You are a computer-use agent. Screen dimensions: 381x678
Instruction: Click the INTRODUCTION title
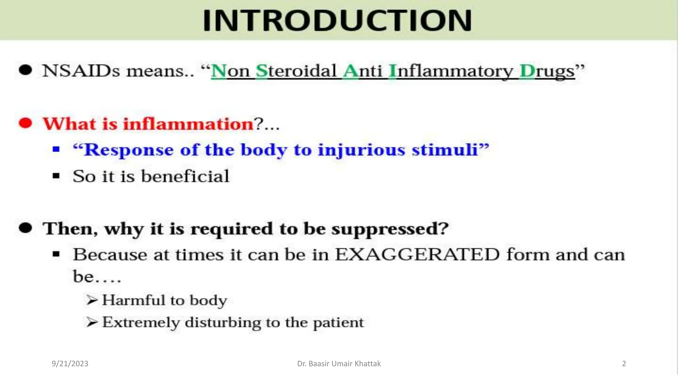point(337,21)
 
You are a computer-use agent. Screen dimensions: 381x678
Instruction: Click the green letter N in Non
point(218,71)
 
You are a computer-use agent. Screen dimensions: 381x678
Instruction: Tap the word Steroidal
point(296,71)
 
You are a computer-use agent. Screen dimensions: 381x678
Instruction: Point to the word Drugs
point(547,71)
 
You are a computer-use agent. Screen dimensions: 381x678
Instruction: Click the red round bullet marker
point(25,123)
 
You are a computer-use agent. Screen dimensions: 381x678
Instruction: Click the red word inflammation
point(188,124)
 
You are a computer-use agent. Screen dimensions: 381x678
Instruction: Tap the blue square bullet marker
point(56,149)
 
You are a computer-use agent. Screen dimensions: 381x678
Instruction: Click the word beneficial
point(185,176)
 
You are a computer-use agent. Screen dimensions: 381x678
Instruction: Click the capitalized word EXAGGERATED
point(417,255)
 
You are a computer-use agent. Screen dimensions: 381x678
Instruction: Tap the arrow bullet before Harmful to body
point(92,300)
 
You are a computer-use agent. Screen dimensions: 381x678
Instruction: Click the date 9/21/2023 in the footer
point(70,364)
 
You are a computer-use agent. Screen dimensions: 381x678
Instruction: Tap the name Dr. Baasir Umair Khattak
point(339,364)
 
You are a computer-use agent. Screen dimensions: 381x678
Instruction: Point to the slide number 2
point(624,364)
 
